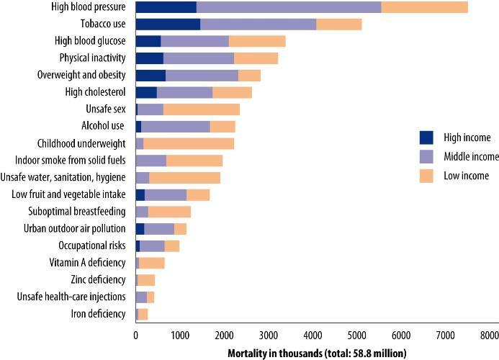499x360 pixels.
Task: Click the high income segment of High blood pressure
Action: coord(166,7)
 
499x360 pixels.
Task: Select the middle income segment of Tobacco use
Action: coord(258,24)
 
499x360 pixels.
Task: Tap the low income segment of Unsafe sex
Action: coord(202,109)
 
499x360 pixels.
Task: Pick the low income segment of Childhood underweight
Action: coord(189,143)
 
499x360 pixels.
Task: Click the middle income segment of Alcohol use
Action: coord(175,126)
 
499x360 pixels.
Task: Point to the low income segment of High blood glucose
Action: coord(257,41)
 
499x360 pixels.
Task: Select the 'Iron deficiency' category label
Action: coord(99,313)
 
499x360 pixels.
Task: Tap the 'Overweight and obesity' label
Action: coord(81,75)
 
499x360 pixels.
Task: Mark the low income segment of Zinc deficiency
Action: coord(146,279)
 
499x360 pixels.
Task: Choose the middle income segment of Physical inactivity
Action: coord(199,58)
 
